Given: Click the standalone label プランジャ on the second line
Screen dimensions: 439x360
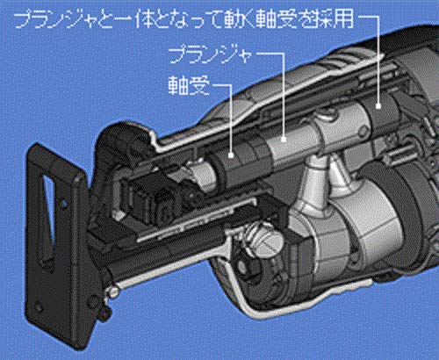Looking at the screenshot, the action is [x=210, y=54].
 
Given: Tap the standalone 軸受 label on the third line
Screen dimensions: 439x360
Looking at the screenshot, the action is [x=189, y=85].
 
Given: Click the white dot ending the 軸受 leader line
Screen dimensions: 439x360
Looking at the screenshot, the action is [x=231, y=155].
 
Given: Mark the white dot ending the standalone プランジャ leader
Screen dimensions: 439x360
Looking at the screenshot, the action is [x=284, y=140].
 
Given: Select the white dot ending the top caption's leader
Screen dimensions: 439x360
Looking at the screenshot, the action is [x=378, y=106].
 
